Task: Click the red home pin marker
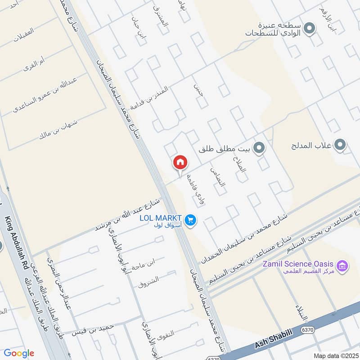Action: point(180,162)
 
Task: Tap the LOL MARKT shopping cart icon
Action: point(190,220)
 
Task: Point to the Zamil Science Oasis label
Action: point(299,264)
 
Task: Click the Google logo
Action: point(19,353)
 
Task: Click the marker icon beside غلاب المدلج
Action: point(341,145)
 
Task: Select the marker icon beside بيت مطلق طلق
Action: point(258,147)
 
